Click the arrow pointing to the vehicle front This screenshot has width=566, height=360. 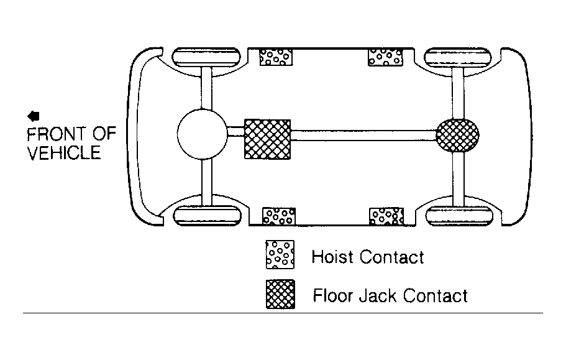pos(33,116)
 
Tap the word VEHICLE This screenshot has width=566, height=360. pos(63,153)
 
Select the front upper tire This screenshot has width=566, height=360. pos(206,57)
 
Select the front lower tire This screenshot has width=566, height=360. pos(207,216)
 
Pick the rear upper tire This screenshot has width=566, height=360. pos(458,57)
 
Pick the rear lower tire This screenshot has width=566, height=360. pos(459,216)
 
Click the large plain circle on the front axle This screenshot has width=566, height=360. pos(203,134)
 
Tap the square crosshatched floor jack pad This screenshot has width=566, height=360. pos(268,139)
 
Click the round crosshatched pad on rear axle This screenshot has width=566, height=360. pos(458,136)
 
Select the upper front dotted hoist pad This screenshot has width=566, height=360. pos(276,57)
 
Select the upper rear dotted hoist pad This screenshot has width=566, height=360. pos(385,57)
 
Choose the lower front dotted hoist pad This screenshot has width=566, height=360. pos(279,216)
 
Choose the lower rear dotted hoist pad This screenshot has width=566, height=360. pos(386,216)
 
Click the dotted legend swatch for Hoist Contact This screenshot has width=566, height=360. pos(280,254)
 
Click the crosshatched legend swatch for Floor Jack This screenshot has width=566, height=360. pos(280,294)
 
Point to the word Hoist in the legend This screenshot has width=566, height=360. pos(332,257)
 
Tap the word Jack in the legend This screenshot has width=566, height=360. pos(378,296)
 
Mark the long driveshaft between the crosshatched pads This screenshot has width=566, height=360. pos(363,136)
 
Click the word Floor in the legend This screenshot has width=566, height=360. pos(333,296)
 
